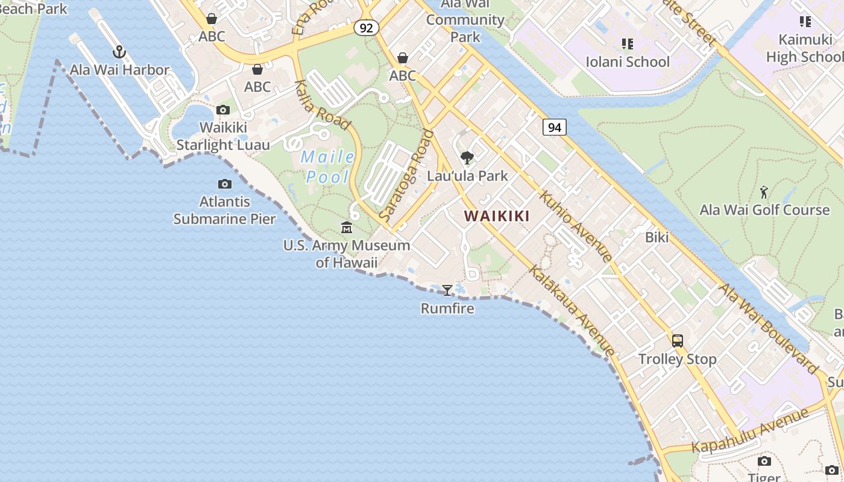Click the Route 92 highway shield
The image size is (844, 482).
(x=366, y=28)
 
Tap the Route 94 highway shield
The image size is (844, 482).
(x=554, y=127)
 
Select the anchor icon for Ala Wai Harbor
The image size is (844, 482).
(x=119, y=52)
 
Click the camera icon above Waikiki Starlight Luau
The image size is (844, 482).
(x=223, y=110)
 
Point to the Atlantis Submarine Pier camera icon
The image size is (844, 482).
(x=224, y=184)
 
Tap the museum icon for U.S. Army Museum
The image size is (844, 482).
(x=347, y=228)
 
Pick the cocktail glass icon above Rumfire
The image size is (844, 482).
(x=447, y=290)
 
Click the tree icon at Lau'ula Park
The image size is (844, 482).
(x=467, y=158)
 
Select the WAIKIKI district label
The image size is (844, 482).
(x=497, y=216)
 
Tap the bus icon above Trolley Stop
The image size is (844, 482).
(x=678, y=341)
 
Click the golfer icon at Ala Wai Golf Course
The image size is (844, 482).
(x=764, y=193)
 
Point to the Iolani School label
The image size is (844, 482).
(x=628, y=61)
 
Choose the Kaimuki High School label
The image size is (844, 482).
(x=804, y=48)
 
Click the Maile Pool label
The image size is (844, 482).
(x=328, y=167)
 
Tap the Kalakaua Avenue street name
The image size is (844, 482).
(x=572, y=309)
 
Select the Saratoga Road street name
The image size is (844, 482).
(x=406, y=175)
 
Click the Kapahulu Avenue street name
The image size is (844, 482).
(x=750, y=430)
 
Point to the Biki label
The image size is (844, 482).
(x=657, y=237)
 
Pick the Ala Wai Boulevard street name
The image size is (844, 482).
(x=769, y=328)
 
